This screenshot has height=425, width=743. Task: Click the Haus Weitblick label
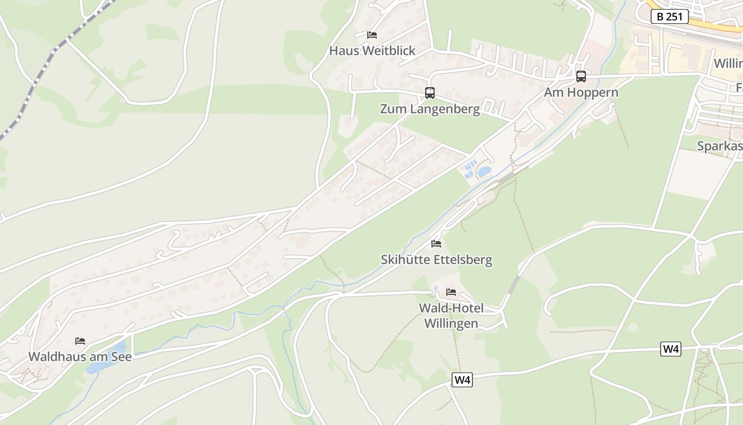pos(372,51)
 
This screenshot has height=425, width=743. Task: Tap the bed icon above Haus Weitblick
pos(372,35)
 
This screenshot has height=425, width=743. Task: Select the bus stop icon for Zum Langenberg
pos(430,93)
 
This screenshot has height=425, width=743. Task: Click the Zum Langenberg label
pos(430,109)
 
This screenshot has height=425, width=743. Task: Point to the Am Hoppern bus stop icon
pos(581,76)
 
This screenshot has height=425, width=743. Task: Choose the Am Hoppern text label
pos(581,92)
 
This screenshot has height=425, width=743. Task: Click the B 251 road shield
pos(669,16)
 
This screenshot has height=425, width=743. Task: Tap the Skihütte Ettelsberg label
pos(436,260)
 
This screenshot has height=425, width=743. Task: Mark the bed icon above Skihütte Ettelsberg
pos(436,244)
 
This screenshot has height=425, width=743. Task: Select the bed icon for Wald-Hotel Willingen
pos(451,292)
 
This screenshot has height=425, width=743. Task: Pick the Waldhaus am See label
pos(80,356)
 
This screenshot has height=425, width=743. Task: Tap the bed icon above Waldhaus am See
pos(80,341)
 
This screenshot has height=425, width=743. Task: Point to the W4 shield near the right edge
pos(671,349)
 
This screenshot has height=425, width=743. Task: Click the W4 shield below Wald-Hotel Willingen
pos(462,380)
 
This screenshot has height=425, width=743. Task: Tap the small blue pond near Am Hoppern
pos(484,172)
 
